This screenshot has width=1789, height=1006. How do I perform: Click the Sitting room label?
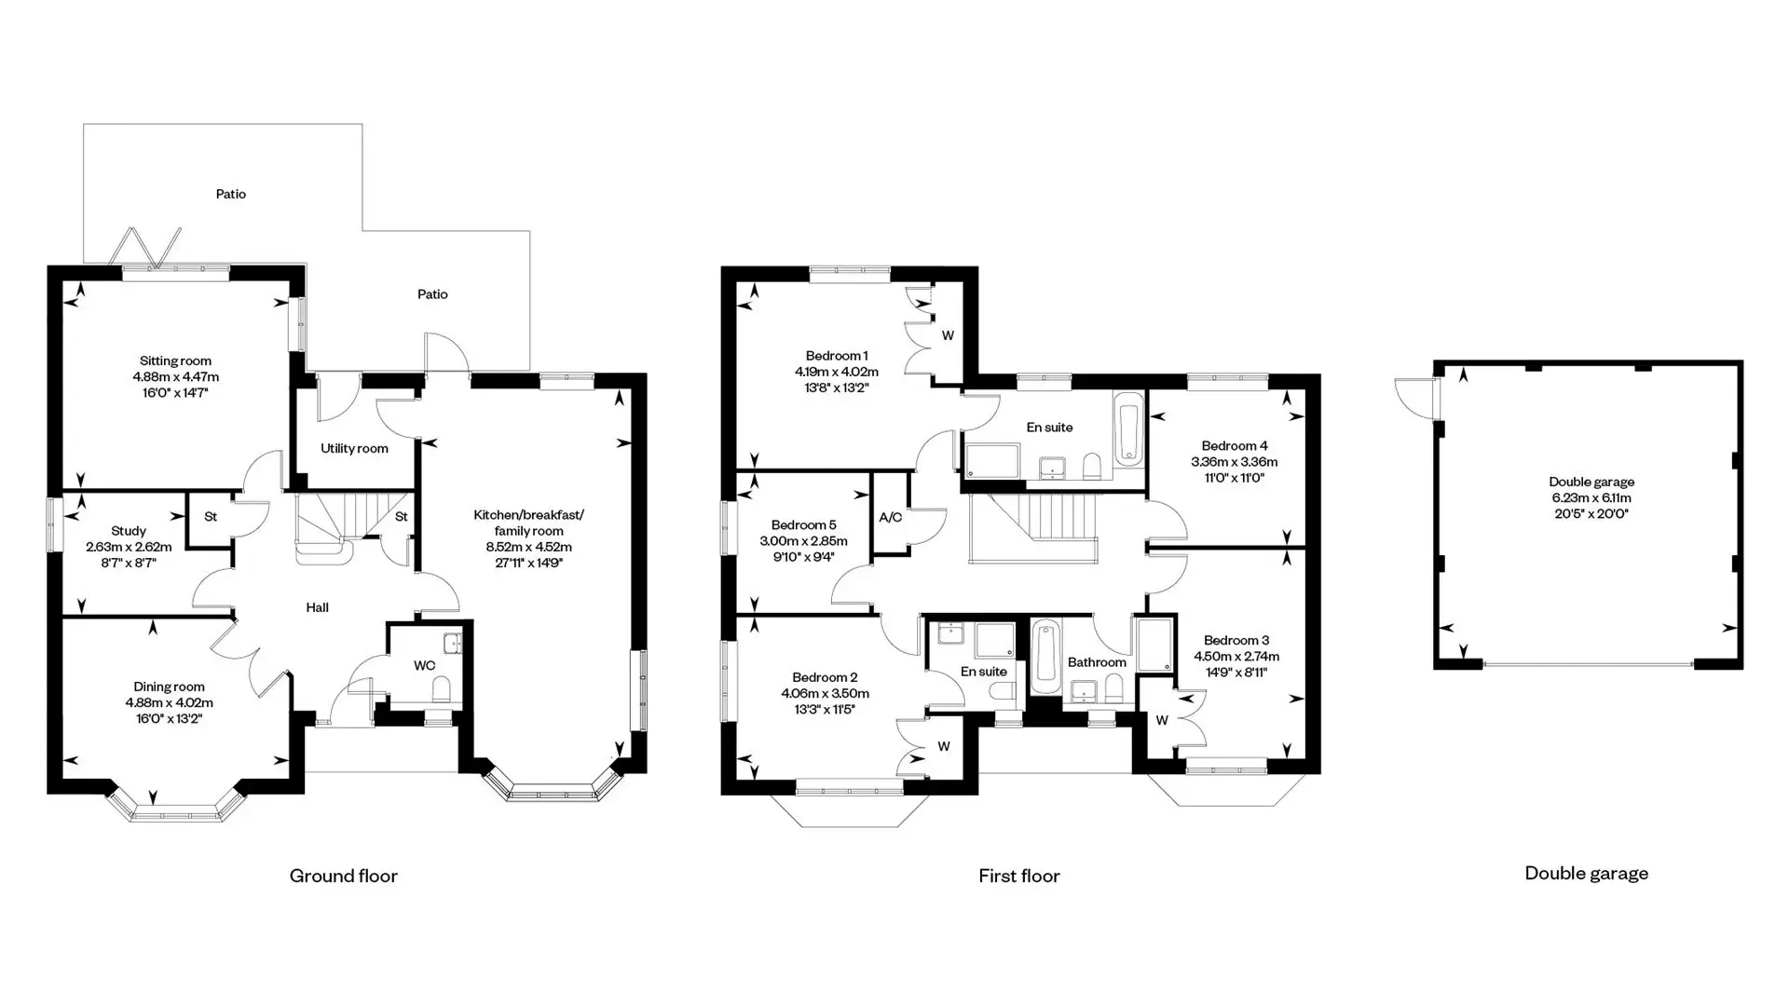tap(175, 361)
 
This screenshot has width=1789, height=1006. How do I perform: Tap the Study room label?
tap(129, 531)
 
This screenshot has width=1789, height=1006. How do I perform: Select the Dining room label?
tap(169, 687)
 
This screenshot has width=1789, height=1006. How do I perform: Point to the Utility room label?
tap(354, 448)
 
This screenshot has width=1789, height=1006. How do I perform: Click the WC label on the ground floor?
tap(424, 665)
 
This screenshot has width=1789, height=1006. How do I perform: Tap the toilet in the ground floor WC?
tap(443, 688)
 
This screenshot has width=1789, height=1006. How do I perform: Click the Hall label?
tap(317, 607)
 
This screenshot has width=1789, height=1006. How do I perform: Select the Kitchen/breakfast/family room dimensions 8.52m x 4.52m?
tap(528, 547)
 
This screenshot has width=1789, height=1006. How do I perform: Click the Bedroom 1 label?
tap(837, 356)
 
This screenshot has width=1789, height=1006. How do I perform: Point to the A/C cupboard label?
tap(891, 517)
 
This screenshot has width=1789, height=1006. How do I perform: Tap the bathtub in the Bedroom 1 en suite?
tap(1128, 428)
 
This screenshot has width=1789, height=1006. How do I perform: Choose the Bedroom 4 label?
tap(1235, 446)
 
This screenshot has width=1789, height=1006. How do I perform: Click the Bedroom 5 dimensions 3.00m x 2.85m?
tap(803, 541)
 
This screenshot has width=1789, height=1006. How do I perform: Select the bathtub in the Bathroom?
tap(1045, 657)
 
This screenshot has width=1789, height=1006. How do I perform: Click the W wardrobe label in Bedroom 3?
tap(1162, 720)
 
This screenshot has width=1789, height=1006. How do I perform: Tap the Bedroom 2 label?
tap(825, 678)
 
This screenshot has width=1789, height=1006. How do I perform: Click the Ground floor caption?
tap(343, 876)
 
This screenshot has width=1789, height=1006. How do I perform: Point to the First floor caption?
tap(1019, 876)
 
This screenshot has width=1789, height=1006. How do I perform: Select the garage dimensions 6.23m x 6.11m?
tap(1591, 498)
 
